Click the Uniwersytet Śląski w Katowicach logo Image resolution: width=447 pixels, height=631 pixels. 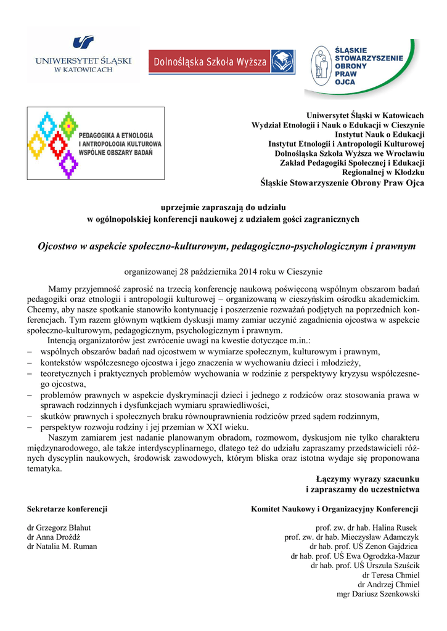pos(84,55)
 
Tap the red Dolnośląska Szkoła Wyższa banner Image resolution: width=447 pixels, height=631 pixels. pos(221,61)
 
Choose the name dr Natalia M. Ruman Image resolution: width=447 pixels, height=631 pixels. pos(62,547)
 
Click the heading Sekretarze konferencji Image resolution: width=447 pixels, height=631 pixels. pos(67,509)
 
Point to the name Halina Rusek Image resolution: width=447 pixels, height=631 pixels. pos(395,528)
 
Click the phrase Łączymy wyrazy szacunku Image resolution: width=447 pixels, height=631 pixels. pos(367,479)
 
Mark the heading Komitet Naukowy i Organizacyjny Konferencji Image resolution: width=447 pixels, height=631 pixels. pos(335,509)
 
